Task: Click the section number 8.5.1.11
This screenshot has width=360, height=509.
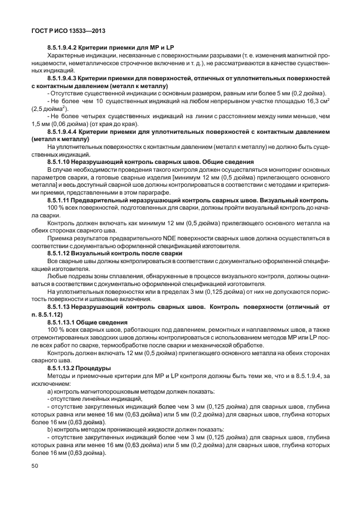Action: click(x=63, y=199)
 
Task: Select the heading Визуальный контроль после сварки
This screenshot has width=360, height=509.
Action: click(x=127, y=253)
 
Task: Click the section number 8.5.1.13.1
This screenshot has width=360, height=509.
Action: click(x=66, y=322)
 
